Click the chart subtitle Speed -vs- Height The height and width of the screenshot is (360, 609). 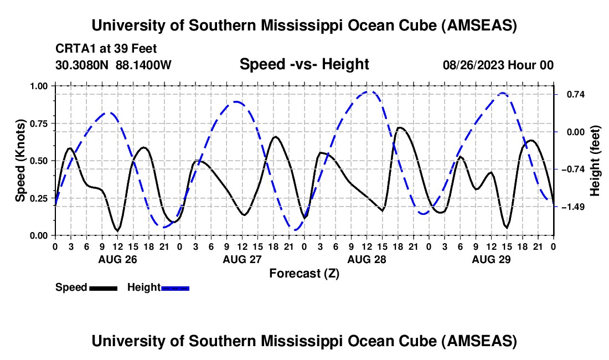tap(304, 64)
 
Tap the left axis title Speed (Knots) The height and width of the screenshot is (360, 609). tap(20, 161)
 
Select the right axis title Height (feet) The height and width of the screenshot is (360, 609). tap(595, 161)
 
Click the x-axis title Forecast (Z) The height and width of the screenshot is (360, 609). tap(304, 273)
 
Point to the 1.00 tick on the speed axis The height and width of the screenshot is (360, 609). tap(39, 86)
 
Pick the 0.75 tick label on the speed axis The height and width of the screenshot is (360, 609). tap(39, 124)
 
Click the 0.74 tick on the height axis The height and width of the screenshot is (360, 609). tap(575, 95)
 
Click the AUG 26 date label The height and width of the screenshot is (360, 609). tap(117, 259)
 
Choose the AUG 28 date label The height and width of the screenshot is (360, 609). tap(366, 259)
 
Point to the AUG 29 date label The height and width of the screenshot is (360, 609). tap(491, 259)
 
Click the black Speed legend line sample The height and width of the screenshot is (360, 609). tap(103, 287)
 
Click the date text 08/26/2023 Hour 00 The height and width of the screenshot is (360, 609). tap(498, 65)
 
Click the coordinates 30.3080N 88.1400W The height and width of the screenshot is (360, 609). tap(113, 65)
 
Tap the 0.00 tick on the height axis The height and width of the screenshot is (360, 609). tap(575, 132)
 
